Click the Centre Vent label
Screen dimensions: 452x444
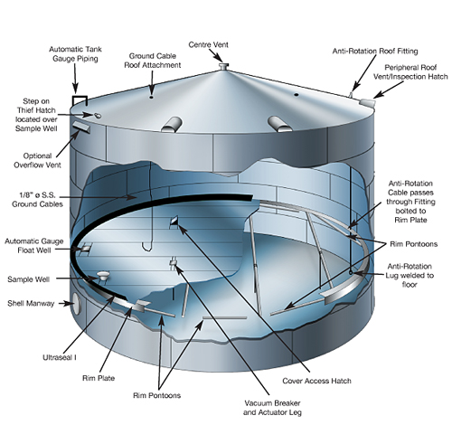[x=208, y=44]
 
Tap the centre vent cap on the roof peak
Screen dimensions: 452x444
[x=223, y=66]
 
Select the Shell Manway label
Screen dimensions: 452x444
[x=31, y=303]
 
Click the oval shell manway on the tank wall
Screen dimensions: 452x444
[x=78, y=304]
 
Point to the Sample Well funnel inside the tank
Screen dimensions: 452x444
[x=103, y=275]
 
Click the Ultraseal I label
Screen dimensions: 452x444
[x=60, y=357]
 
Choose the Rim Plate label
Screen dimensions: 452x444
[x=99, y=378]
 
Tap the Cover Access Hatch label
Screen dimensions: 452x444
[x=316, y=381]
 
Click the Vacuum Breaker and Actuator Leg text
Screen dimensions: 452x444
[x=272, y=408]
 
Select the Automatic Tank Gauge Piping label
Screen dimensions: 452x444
[x=75, y=53]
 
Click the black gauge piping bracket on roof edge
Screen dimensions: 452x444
[x=80, y=100]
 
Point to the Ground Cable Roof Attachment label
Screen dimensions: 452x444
[x=153, y=61]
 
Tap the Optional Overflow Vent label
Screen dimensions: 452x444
[x=37, y=160]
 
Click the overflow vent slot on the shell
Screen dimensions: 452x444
[x=80, y=128]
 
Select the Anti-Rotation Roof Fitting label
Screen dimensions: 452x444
[x=375, y=52]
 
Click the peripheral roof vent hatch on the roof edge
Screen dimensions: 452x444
[x=367, y=102]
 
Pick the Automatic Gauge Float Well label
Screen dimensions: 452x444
[x=34, y=246]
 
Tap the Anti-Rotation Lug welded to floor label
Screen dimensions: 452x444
[x=410, y=276]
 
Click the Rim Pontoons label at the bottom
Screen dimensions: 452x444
[x=156, y=395]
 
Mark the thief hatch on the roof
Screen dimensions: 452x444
[x=98, y=116]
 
